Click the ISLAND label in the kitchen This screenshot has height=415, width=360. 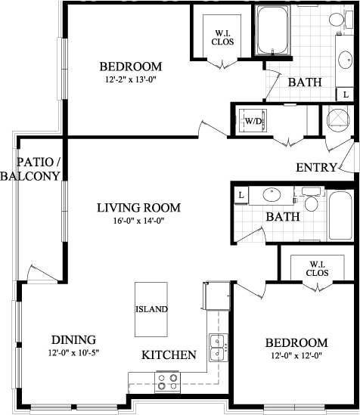[x=151, y=309]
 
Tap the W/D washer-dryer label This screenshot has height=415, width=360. [x=251, y=120]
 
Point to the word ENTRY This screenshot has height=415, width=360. [x=317, y=167]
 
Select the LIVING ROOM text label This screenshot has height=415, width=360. [x=138, y=207]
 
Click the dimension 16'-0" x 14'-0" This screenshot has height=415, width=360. [x=138, y=221]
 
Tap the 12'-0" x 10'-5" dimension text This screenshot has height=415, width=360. [x=73, y=352]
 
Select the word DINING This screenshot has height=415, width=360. [x=73, y=339]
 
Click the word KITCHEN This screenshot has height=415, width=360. [x=169, y=355]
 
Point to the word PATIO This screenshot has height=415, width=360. [x=36, y=162]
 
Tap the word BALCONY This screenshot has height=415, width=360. [x=30, y=176]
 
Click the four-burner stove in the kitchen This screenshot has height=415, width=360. [x=167, y=381]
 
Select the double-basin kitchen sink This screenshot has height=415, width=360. [x=216, y=347]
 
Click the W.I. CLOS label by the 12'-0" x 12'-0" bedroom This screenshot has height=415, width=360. [x=317, y=268]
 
